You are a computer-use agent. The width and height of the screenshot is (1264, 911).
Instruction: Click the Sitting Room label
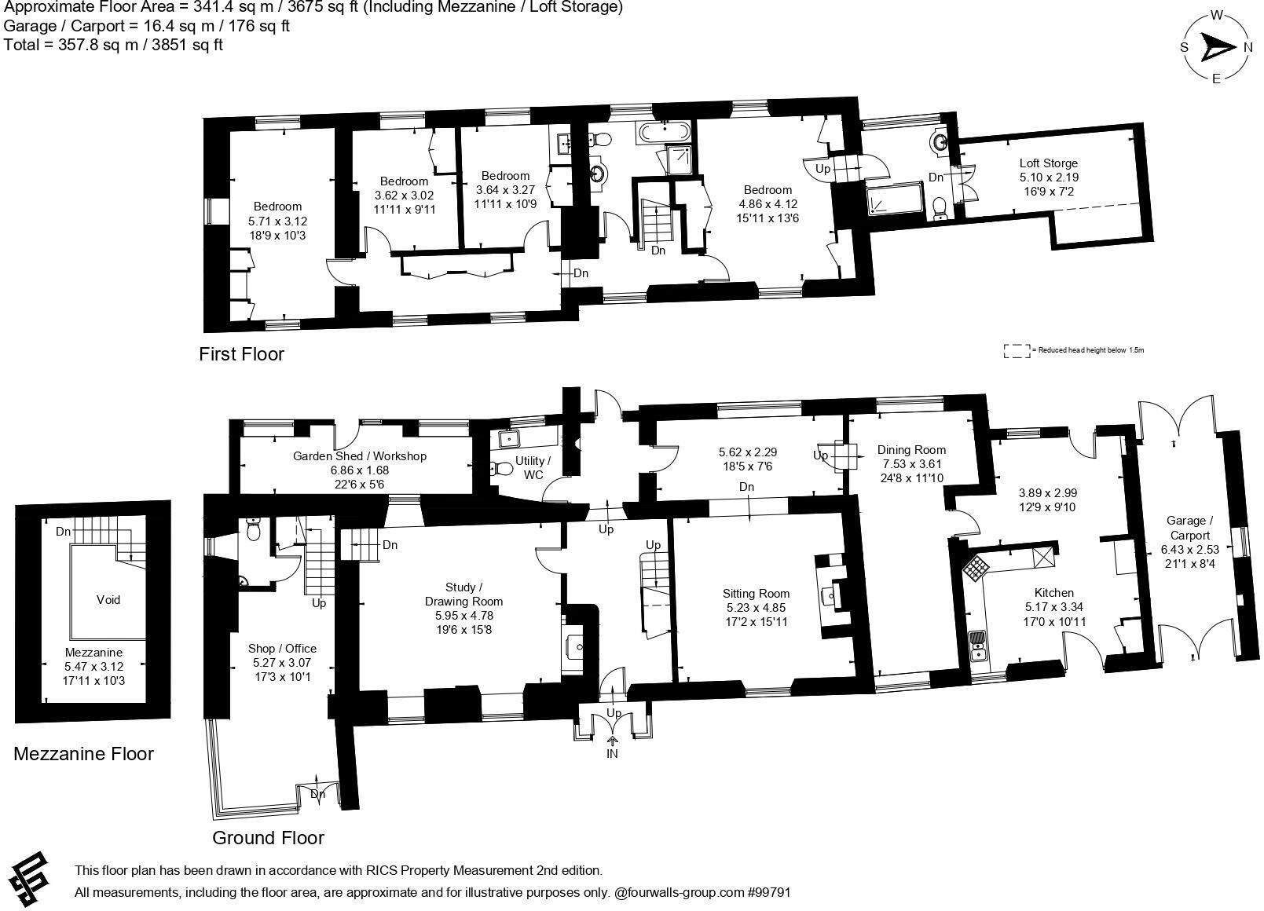[756, 594]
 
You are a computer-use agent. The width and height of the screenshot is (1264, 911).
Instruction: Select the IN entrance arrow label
[612, 753]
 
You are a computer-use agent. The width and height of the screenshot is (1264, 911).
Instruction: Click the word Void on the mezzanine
[108, 600]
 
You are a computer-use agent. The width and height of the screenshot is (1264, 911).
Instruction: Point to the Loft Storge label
[1049, 163]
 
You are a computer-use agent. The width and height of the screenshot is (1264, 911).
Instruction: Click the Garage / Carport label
[1189, 528]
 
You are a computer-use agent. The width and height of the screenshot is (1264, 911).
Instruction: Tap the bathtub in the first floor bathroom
[664, 130]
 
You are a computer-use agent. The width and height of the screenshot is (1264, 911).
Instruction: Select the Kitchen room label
[1053, 593]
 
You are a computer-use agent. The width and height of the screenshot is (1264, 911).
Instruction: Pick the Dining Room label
[911, 450]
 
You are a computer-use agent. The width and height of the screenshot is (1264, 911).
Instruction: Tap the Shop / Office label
[282, 648]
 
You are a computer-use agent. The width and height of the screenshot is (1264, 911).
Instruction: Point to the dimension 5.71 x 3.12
[277, 221]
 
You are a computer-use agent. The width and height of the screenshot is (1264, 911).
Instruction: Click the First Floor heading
[241, 354]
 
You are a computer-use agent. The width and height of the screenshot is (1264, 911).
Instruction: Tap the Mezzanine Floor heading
[83, 754]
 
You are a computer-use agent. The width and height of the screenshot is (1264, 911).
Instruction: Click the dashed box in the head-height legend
[1017, 351]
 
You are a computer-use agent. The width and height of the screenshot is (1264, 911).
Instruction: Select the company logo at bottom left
[30, 877]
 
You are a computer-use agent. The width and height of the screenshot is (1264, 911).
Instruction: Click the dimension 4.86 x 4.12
[768, 204]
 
